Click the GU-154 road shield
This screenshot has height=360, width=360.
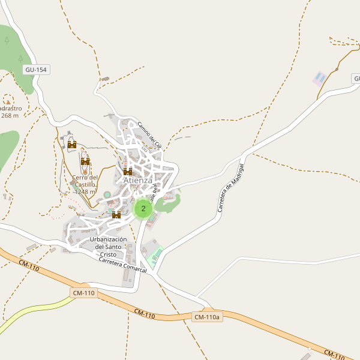(x=36, y=70)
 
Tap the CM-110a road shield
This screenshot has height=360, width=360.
(x=208, y=317)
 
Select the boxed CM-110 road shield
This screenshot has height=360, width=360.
(x=83, y=293)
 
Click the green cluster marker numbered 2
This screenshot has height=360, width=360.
(x=143, y=209)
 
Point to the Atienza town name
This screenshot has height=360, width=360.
(x=137, y=180)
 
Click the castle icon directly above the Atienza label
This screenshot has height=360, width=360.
(x=128, y=172)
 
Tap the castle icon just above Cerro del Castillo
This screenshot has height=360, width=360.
(x=85, y=161)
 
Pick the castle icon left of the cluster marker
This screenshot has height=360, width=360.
(x=116, y=214)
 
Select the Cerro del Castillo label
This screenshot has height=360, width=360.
(x=85, y=181)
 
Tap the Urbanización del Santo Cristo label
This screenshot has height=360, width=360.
(x=108, y=247)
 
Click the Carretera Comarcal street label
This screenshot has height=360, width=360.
(x=122, y=265)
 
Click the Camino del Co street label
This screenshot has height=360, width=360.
(x=149, y=135)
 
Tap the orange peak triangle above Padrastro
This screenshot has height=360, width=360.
(x=8, y=98)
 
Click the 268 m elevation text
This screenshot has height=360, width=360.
(x=10, y=116)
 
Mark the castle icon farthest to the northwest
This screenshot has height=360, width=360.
(x=72, y=144)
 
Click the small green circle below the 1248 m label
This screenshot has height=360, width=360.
(x=107, y=194)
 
